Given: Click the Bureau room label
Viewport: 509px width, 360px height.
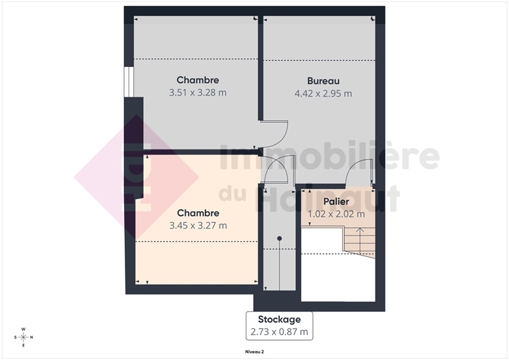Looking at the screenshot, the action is coord(323,81).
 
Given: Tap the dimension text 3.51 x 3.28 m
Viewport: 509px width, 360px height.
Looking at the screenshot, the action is coord(198,92).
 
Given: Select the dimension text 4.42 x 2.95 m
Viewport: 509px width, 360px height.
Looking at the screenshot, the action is coord(323,93).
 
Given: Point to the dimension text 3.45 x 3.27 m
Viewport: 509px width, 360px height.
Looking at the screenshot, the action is coord(198,225).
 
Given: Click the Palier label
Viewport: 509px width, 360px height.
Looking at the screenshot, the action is coord(337,201).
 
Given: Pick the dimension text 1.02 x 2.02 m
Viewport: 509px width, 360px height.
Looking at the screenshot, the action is coord(337,214).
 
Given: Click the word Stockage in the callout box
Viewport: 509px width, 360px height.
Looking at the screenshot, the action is coord(279,319).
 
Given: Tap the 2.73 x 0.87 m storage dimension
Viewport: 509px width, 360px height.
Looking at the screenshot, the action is coord(279,332).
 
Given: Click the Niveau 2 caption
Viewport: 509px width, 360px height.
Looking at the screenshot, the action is coord(254,352).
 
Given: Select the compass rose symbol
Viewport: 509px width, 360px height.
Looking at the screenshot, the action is coord(24,337).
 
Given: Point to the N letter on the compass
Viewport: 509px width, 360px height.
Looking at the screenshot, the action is coord(31,337).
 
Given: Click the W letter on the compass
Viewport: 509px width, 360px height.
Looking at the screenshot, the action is coord(24,329).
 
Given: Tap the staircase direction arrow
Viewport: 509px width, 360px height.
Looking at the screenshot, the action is coord(360,241).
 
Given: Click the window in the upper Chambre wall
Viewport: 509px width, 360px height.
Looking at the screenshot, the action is coord(129,82).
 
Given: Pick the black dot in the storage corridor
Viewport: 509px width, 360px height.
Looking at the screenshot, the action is coord(279,239).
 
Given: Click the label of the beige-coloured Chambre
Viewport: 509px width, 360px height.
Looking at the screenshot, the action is coord(198,213).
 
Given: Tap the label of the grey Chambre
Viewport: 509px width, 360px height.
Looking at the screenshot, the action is coord(198,80).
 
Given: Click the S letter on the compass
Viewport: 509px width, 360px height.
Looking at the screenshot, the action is coord(15,337).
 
